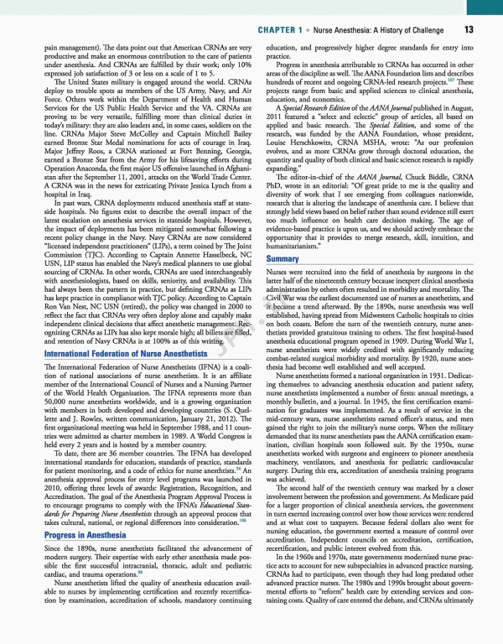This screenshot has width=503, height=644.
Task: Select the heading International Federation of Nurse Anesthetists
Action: coord(125,356)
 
